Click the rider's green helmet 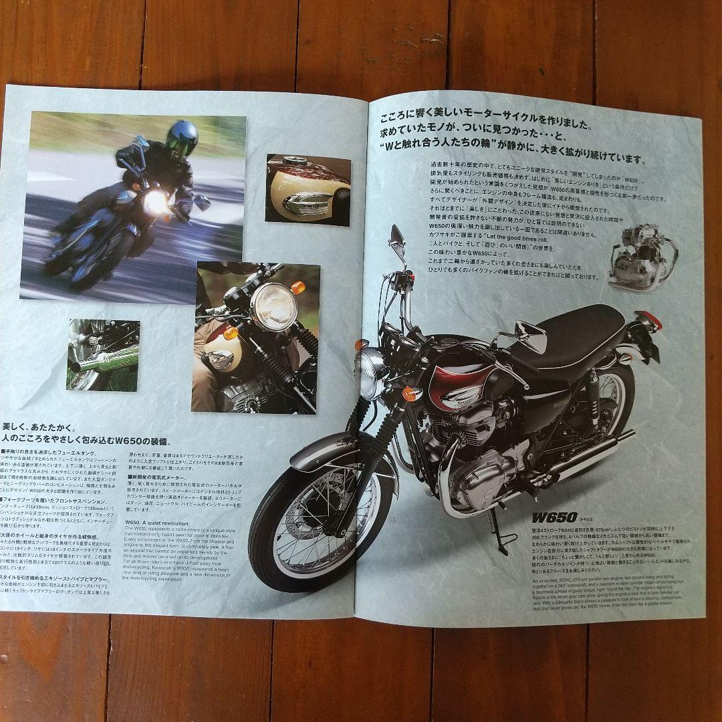182,137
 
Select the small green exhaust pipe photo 103,354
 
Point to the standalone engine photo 642,257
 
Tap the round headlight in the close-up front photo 273,306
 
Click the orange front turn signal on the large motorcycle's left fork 408,393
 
